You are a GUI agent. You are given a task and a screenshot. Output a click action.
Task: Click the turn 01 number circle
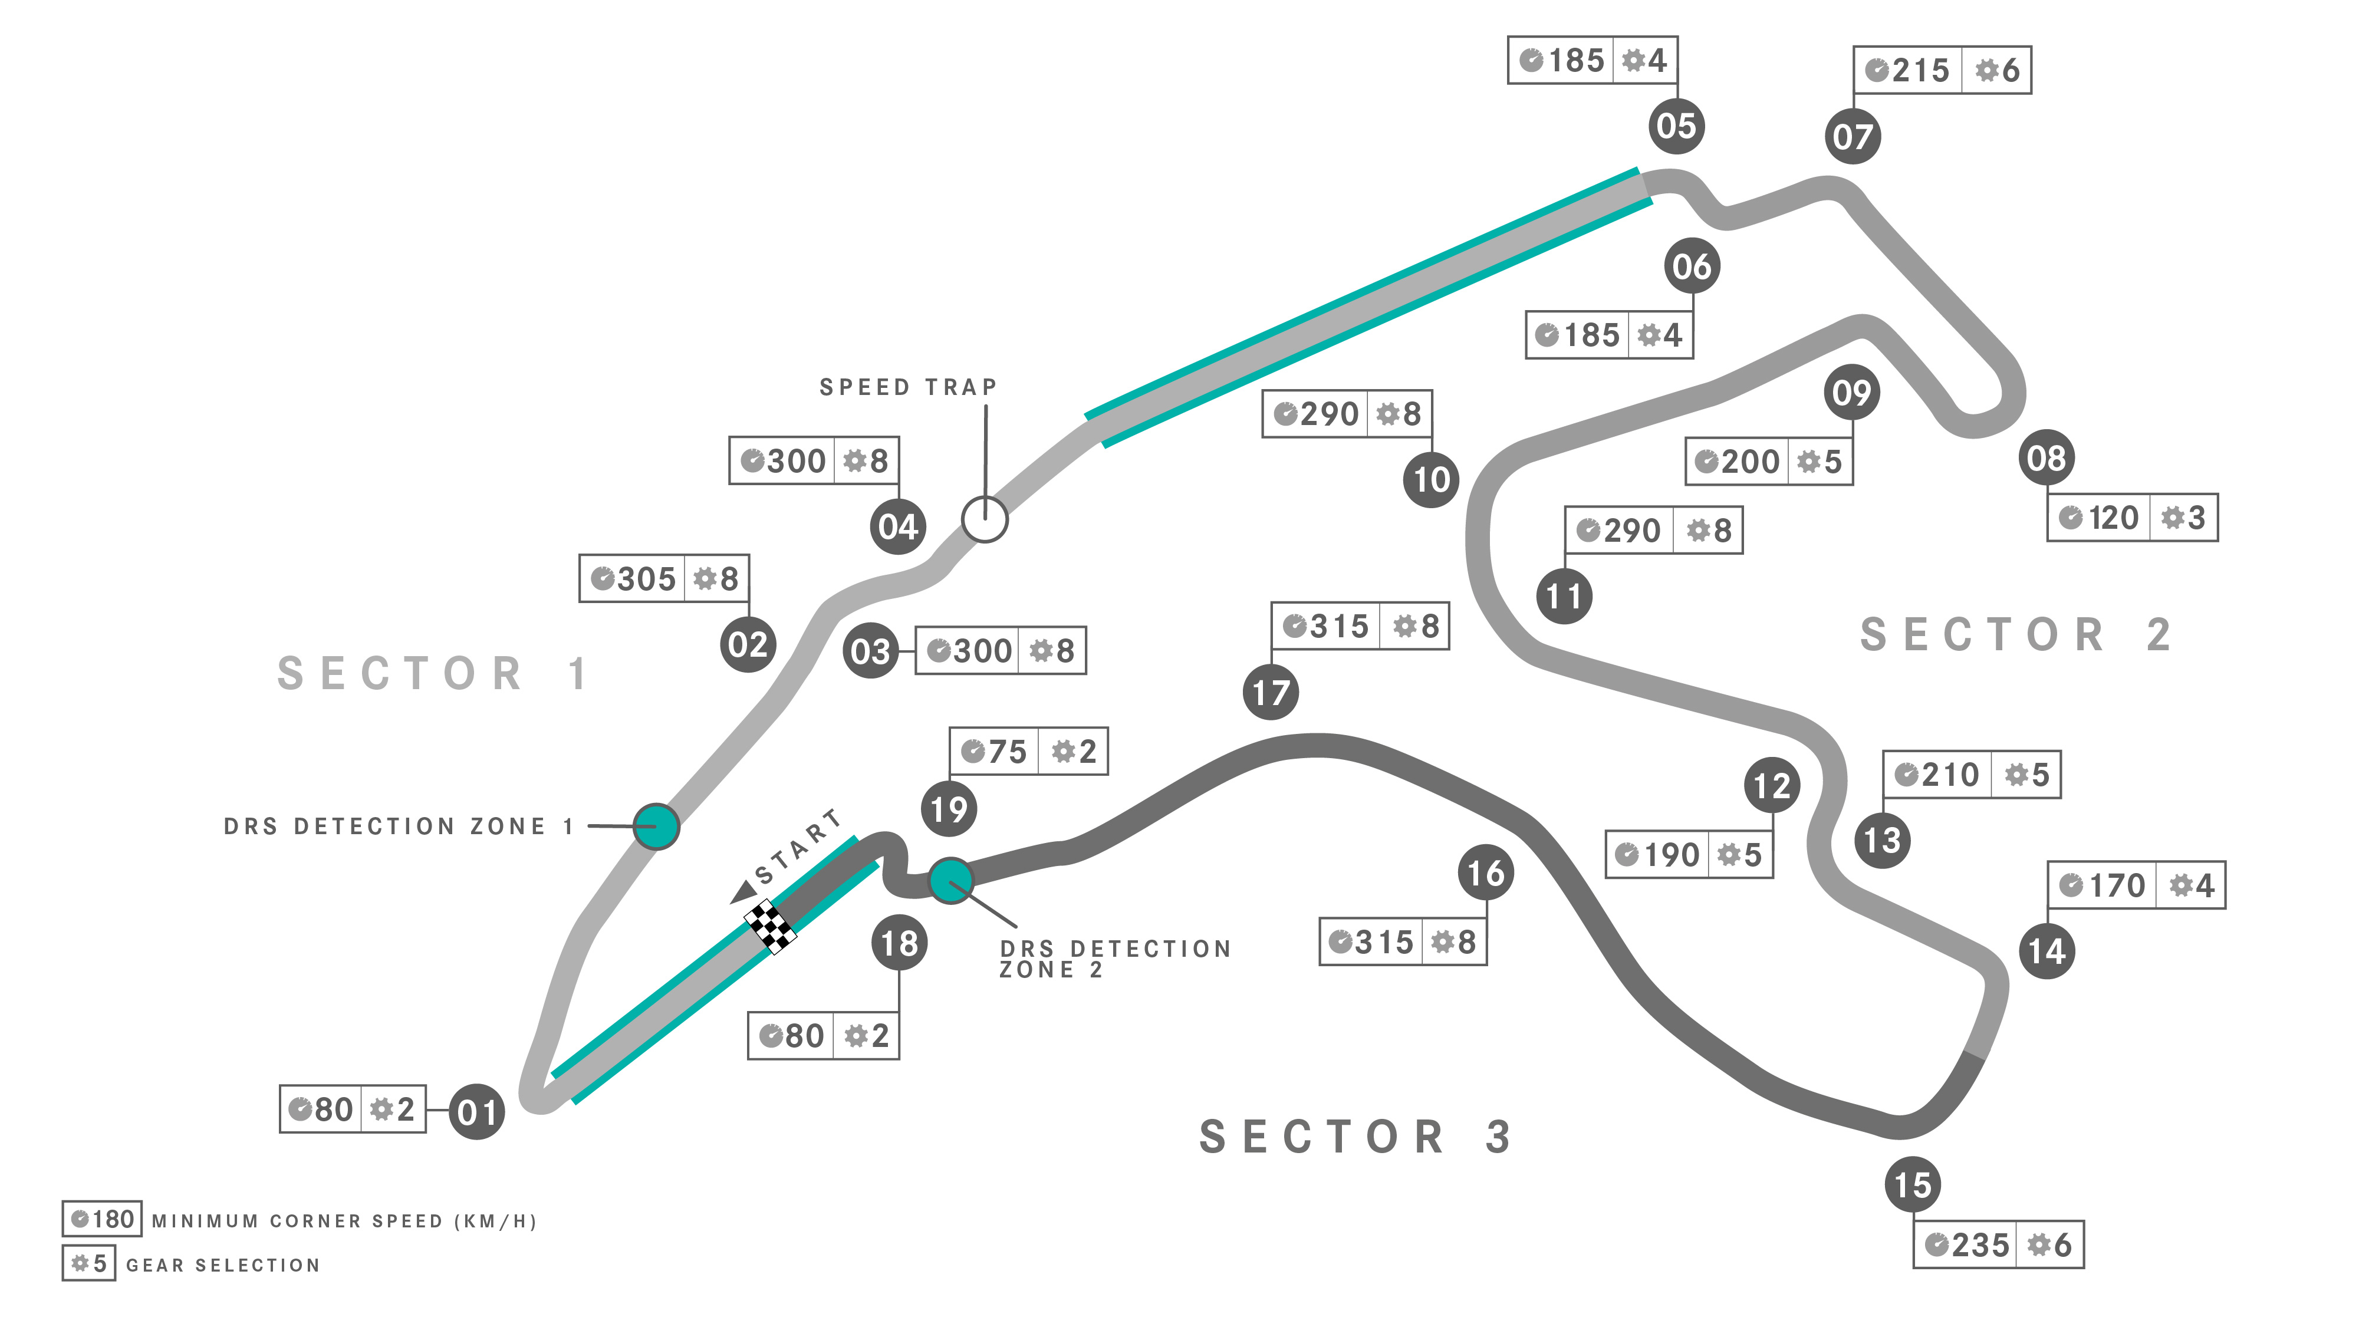(x=476, y=1112)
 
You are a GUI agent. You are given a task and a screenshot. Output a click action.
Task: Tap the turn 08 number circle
(x=2047, y=458)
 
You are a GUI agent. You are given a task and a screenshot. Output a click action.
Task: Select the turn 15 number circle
(x=1912, y=1185)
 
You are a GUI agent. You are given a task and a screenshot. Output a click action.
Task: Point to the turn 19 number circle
(x=949, y=809)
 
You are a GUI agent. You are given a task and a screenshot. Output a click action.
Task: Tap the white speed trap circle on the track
(x=985, y=519)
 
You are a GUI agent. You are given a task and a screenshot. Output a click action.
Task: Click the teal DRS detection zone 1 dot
(x=656, y=826)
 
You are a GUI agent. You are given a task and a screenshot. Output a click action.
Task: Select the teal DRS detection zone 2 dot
(x=952, y=881)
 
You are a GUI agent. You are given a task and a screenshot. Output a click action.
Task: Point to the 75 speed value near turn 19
(x=1008, y=752)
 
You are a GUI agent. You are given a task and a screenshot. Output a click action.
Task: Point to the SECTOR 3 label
(x=1355, y=1137)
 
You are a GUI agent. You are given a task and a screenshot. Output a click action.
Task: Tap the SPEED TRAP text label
(x=907, y=387)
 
